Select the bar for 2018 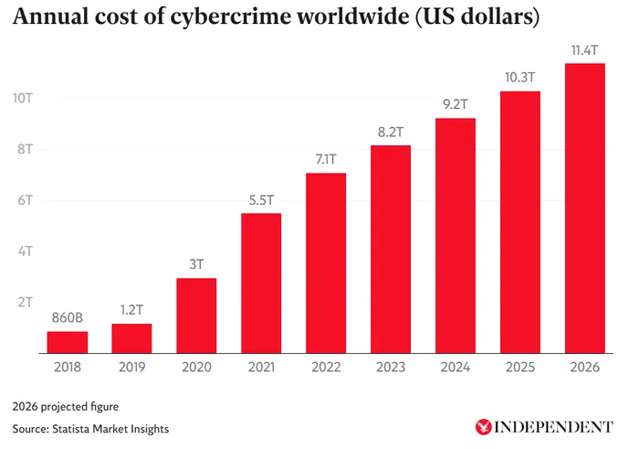68,342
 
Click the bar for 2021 261,283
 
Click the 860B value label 68,319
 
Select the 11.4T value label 584,50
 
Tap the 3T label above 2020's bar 196,265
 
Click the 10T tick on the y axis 22,98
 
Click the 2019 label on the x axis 131,368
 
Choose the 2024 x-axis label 455,368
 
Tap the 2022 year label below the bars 326,368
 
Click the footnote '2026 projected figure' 67,405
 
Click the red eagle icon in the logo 482,426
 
